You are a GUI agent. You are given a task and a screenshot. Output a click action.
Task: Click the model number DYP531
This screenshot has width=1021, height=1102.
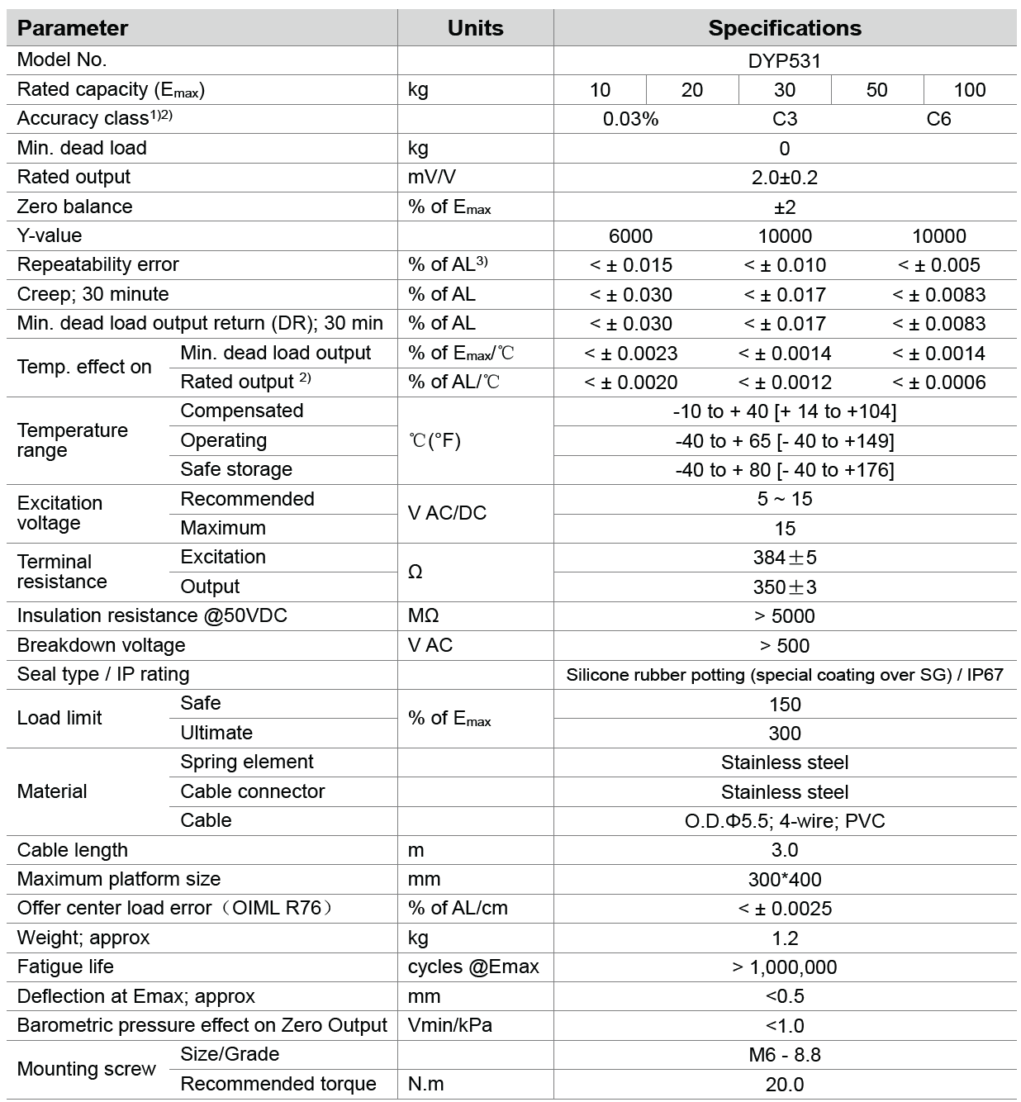[784, 60]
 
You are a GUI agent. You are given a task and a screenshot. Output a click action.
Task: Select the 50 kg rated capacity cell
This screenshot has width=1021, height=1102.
[876, 90]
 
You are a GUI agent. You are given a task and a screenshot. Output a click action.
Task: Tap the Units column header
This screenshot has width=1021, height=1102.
[475, 28]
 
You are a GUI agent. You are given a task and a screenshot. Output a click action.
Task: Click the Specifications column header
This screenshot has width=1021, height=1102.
[784, 28]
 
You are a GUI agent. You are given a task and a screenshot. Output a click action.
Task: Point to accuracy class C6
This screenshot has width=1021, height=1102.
[938, 119]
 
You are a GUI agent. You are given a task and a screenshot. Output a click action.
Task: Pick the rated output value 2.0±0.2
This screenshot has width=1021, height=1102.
[784, 178]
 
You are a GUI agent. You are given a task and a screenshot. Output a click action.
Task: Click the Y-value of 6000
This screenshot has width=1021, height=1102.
[630, 236]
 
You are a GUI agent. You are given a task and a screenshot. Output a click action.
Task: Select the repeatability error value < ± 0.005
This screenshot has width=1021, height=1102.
[938, 265]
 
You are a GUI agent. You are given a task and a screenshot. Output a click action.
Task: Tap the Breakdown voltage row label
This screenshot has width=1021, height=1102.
[101, 645]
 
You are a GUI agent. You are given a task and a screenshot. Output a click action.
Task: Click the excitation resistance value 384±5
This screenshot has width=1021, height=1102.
[784, 558]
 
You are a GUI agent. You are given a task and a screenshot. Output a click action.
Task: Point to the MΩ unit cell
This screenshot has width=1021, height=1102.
[423, 616]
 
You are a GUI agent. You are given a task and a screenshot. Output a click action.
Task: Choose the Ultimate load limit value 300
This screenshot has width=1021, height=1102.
[784, 734]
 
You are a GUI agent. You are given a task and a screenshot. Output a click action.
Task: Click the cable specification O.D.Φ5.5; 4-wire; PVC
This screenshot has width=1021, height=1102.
[784, 821]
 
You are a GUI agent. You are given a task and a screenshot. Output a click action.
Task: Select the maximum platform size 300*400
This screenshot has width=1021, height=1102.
[784, 880]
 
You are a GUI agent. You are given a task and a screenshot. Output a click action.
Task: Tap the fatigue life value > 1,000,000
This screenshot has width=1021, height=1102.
[784, 967]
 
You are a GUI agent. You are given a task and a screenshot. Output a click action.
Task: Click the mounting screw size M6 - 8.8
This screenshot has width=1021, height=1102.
[784, 1055]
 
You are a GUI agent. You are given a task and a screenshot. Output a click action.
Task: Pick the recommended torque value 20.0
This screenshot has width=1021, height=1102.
[784, 1085]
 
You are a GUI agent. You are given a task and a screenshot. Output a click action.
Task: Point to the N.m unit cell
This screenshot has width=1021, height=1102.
[425, 1084]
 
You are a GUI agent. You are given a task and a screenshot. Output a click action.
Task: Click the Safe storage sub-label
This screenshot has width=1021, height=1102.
[236, 469]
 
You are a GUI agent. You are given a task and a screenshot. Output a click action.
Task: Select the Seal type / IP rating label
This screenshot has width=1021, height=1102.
[103, 674]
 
